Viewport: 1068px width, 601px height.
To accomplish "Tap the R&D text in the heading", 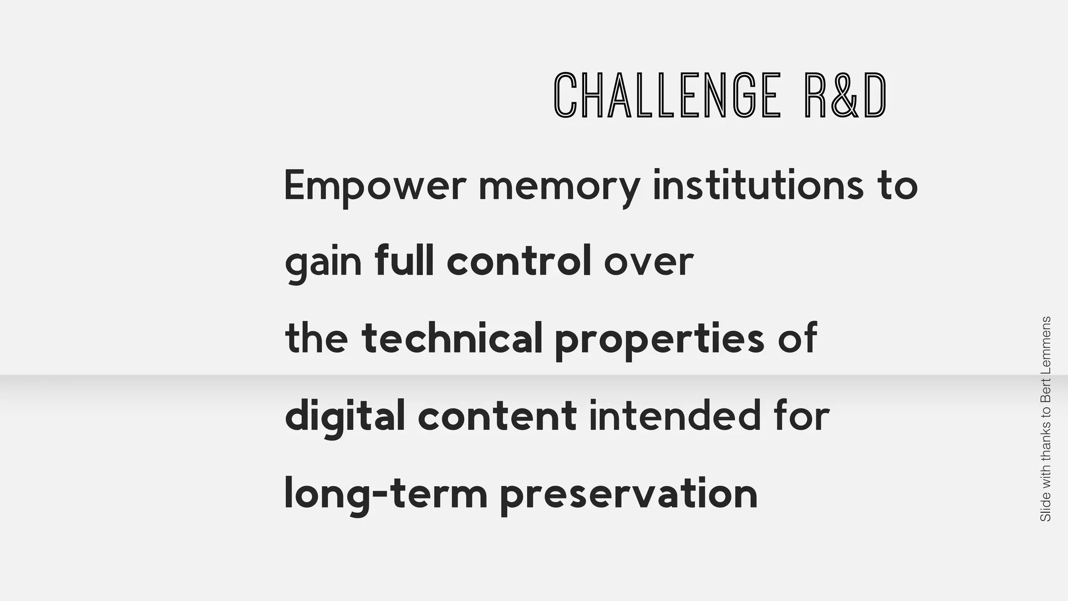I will click(x=845, y=95).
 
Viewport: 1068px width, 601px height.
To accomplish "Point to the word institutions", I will click(x=758, y=185).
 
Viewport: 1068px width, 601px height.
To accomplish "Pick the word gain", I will click(x=323, y=262).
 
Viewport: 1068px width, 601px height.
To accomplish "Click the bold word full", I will click(x=404, y=260).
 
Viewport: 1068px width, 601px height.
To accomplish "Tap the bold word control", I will click(x=519, y=260).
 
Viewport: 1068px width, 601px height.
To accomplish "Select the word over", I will click(x=649, y=262).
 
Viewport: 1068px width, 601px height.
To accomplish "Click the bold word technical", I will click(x=452, y=338).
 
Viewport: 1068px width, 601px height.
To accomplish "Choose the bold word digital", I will click(x=345, y=416).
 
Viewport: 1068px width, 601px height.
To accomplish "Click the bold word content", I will click(x=497, y=416).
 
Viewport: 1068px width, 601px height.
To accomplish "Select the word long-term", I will click(x=385, y=494).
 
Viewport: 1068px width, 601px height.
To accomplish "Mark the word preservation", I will click(x=628, y=495).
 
